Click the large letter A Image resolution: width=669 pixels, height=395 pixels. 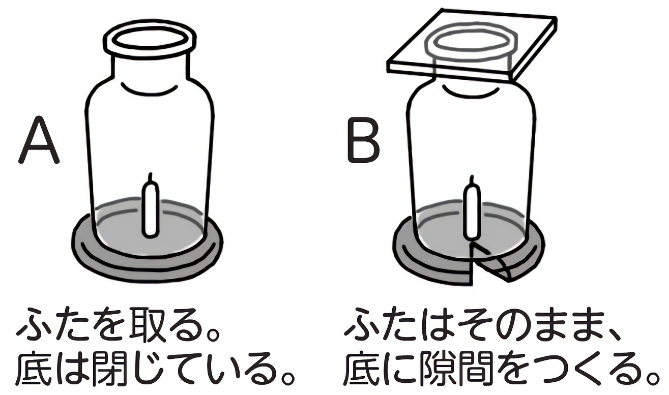click(39, 140)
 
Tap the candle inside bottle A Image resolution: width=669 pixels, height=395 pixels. click(150, 212)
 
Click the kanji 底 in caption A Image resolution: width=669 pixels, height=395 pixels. click(34, 370)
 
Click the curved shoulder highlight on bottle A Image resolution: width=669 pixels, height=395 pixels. click(150, 89)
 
